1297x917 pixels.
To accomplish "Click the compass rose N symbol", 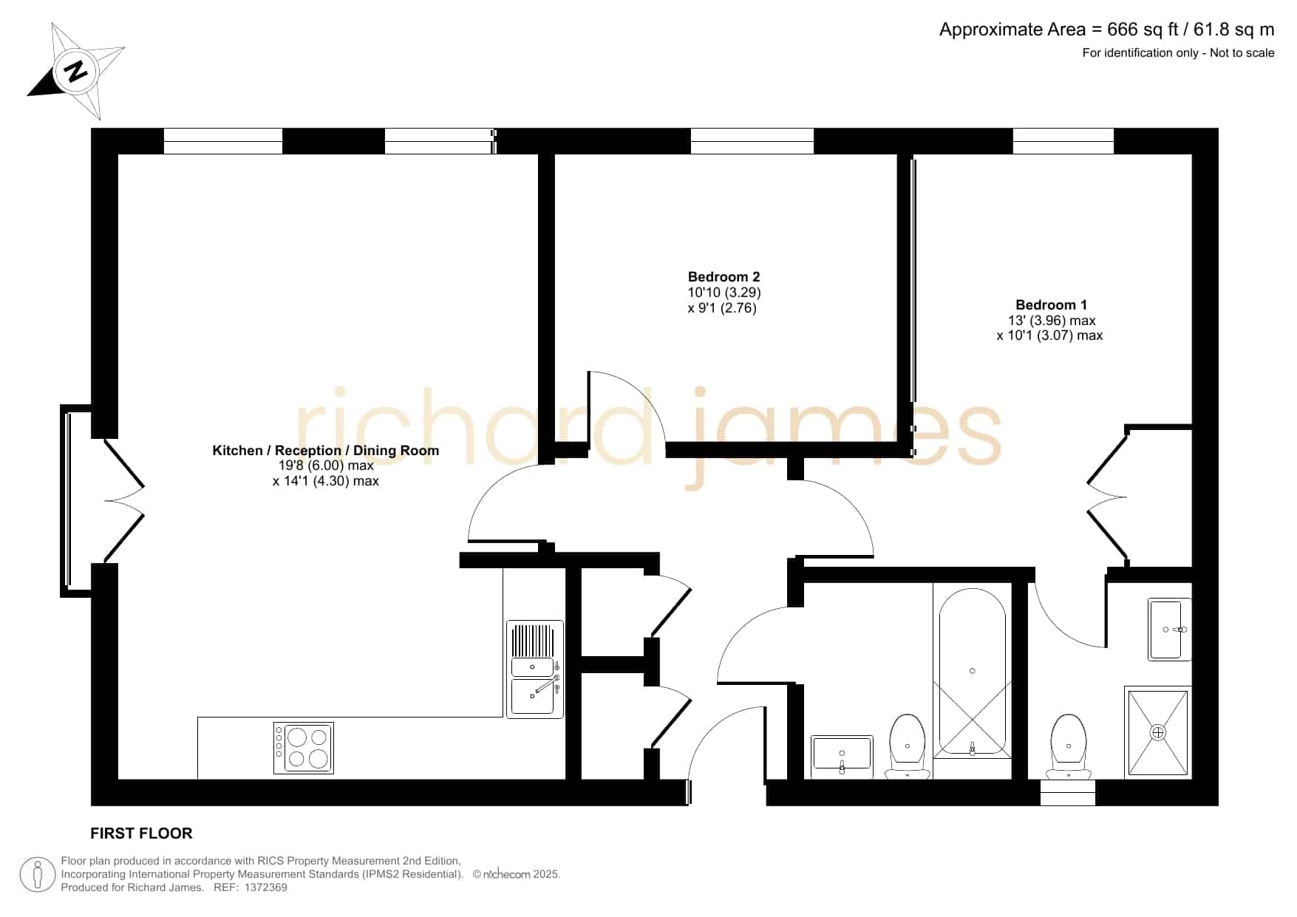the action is click(x=75, y=71).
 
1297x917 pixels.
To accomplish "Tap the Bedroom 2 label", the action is click(x=724, y=277).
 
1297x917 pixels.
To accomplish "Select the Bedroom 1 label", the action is click(x=1051, y=304).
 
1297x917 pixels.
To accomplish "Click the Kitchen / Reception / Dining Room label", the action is click(x=325, y=450).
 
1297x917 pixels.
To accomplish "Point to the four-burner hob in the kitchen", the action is click(x=303, y=748).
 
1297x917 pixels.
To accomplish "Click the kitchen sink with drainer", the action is click(x=534, y=669).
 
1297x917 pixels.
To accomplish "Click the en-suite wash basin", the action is click(x=1170, y=629).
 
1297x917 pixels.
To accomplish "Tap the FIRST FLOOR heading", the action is click(x=141, y=834).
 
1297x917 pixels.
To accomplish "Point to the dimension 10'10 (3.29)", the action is click(x=724, y=293).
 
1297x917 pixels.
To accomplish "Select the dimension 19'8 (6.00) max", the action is click(x=326, y=466).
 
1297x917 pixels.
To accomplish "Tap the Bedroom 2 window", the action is click(x=752, y=141).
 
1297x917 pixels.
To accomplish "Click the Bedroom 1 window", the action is click(x=1063, y=141).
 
